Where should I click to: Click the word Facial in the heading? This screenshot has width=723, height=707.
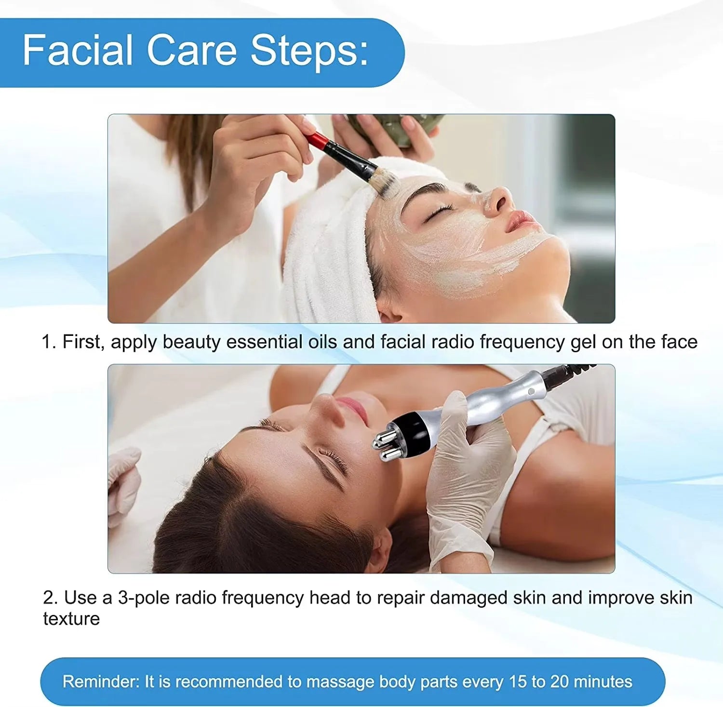[x=78, y=50]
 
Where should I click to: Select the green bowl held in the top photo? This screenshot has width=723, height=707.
[x=395, y=128]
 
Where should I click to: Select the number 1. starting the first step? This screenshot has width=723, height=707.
[x=49, y=342]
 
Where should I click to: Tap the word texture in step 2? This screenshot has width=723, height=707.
[x=71, y=619]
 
